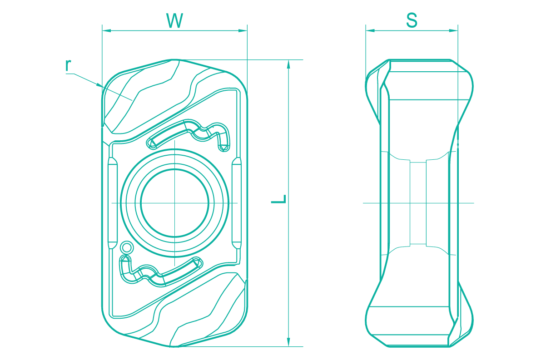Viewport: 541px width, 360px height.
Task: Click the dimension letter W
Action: [174, 21]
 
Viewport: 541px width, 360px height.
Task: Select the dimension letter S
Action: [412, 20]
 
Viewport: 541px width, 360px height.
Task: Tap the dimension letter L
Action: [279, 199]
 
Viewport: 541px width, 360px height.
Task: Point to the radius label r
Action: [68, 65]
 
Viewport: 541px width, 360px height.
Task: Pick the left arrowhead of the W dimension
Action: [106, 30]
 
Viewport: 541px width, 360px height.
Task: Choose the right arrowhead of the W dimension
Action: [243, 30]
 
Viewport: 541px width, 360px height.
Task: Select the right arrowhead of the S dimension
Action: [454, 30]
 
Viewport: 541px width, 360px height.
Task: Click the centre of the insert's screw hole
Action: [175, 203]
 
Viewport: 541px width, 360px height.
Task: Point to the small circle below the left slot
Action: [127, 247]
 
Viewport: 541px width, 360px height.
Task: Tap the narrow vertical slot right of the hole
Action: [236, 203]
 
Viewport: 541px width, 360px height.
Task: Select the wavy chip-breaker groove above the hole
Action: [189, 134]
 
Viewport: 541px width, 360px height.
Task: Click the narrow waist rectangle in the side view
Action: [418, 203]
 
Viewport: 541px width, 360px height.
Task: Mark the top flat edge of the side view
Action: [419, 59]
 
